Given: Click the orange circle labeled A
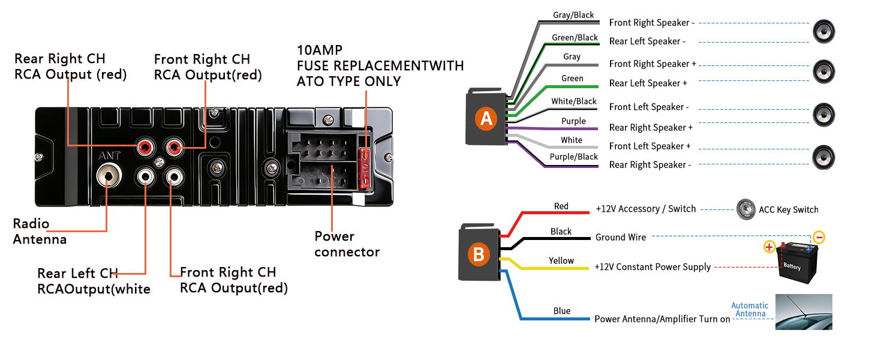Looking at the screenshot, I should click(x=486, y=119).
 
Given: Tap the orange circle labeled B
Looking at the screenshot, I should click(x=478, y=254).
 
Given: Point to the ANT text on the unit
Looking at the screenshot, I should click(x=109, y=155).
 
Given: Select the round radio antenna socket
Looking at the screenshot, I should click(x=109, y=176).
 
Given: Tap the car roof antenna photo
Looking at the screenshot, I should click(x=804, y=312).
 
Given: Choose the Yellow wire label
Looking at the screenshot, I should click(x=561, y=261).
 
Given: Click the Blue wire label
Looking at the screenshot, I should click(x=562, y=311).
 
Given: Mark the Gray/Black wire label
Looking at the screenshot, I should click(x=574, y=15).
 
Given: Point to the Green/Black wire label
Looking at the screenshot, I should click(x=575, y=37).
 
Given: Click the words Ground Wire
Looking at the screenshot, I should click(x=621, y=238).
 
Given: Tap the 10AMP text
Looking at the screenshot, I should click(x=320, y=50).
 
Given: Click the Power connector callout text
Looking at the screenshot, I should click(x=347, y=244).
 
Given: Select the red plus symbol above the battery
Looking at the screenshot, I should click(x=769, y=247).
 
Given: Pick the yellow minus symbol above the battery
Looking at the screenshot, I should click(x=819, y=237).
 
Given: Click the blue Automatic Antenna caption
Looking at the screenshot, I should click(x=750, y=310).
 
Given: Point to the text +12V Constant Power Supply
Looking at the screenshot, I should click(x=653, y=267).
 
